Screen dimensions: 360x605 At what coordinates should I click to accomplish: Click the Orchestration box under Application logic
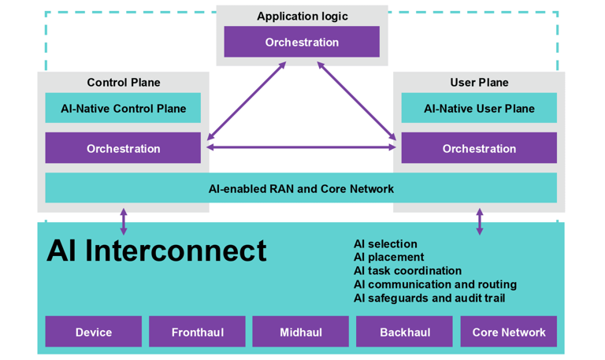point(302,43)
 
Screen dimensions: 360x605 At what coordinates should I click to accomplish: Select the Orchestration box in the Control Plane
point(123,148)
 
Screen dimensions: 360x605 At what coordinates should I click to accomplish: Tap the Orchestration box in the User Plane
point(479,148)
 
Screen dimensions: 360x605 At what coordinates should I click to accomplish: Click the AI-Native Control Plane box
point(123,109)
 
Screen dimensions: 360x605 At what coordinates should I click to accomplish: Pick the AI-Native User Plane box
point(479,109)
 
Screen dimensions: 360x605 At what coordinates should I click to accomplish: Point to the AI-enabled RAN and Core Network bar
point(301,188)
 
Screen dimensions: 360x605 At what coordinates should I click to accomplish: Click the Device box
point(94,332)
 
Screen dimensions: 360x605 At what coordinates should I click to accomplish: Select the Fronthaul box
point(197,332)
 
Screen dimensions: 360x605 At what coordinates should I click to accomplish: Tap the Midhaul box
point(301,332)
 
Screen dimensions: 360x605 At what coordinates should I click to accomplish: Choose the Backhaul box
point(405,332)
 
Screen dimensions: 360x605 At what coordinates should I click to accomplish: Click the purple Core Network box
point(508,332)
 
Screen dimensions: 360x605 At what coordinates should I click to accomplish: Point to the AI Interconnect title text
point(157,251)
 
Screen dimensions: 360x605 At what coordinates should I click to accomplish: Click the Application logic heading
point(302,17)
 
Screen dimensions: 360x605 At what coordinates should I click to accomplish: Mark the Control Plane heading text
point(124,83)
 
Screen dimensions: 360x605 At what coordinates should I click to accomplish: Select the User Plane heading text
point(479,83)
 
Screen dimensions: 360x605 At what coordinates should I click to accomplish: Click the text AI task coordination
point(407,271)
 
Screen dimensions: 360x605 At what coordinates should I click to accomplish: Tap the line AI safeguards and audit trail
point(429,298)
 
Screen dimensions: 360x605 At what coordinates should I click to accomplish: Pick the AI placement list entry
point(388,258)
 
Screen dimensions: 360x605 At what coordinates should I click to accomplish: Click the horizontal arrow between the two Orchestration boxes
point(301,147)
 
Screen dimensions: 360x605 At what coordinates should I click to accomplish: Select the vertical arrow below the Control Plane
point(124,221)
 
